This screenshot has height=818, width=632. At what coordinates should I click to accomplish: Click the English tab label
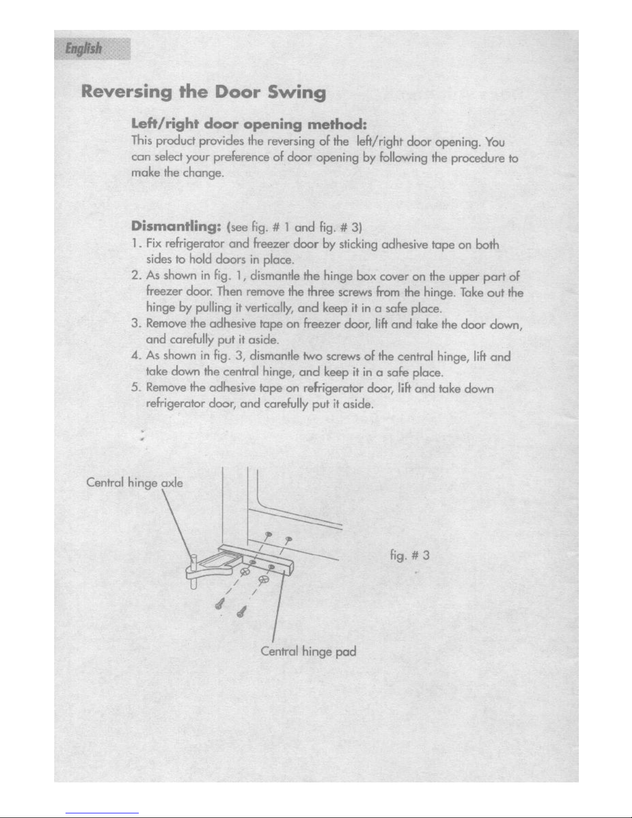click(x=83, y=49)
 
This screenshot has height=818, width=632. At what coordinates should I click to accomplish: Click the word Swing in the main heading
click(x=297, y=92)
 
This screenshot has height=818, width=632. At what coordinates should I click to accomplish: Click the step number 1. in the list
click(x=136, y=243)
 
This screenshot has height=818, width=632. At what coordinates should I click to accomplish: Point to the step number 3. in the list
click(x=136, y=323)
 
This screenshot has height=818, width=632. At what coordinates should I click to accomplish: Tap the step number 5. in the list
click(x=136, y=387)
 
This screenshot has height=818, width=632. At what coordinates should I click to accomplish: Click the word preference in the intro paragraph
click(x=241, y=157)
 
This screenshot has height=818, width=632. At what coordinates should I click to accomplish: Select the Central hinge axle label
click(x=135, y=483)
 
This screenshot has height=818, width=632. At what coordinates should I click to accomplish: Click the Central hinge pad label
click(x=308, y=651)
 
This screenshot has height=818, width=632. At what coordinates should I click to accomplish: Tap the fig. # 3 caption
click(x=410, y=555)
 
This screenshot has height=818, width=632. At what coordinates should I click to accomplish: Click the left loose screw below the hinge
click(x=220, y=604)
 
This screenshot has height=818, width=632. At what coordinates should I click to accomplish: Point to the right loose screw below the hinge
click(x=241, y=612)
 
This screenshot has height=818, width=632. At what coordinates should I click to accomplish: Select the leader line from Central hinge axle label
click(x=177, y=526)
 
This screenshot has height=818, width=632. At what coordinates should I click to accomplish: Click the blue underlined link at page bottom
click(x=102, y=813)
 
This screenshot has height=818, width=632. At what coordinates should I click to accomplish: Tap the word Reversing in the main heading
click(x=126, y=92)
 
